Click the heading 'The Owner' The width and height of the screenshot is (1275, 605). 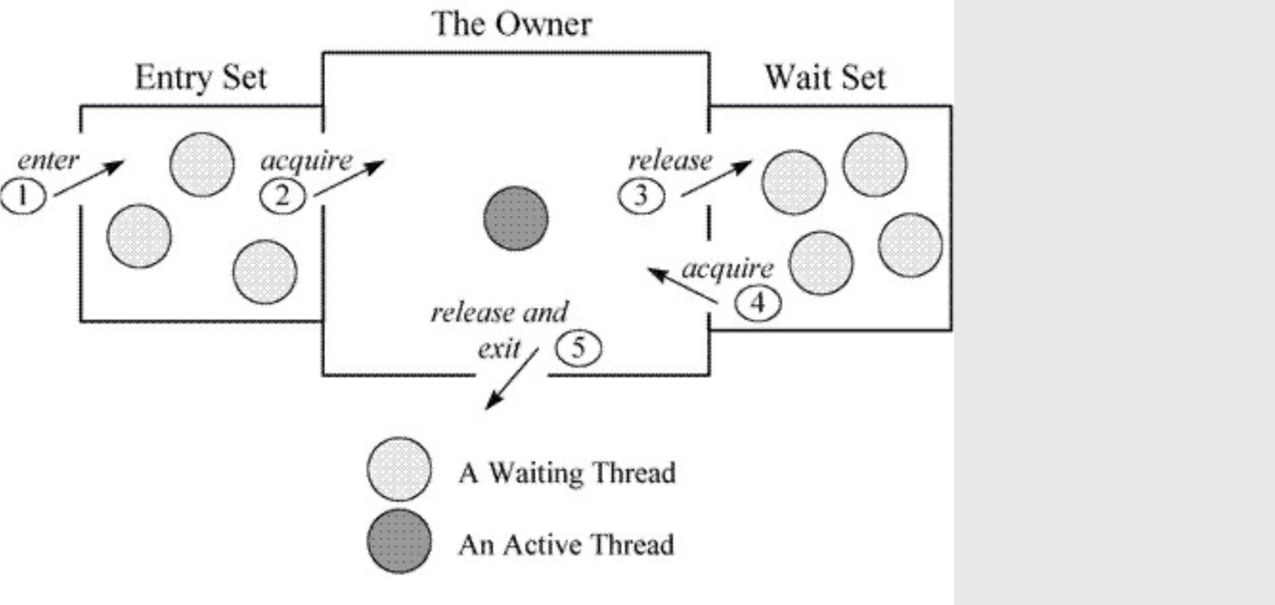coord(511,23)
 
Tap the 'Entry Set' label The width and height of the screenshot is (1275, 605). coord(200,78)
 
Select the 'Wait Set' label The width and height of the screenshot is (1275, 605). coord(825,77)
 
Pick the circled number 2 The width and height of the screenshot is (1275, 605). coord(282,195)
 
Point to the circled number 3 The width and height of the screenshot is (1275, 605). coord(641,195)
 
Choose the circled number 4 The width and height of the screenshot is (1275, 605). coord(757,303)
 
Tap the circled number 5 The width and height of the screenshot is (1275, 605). coord(578,348)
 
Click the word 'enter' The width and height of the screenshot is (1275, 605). coord(48,161)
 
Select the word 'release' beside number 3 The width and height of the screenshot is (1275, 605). coord(670,160)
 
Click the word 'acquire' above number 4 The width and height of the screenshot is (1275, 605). coord(727,269)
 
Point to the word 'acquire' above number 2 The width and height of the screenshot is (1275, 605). coord(306,160)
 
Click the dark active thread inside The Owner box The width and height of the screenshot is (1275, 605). coord(516,218)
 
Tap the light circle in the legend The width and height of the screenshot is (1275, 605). coord(398,470)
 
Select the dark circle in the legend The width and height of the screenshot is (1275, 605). coord(398,542)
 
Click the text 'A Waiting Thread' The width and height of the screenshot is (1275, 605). coord(567,472)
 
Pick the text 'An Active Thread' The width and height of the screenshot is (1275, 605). coord(566,545)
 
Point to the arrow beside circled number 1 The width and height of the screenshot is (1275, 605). coord(89,179)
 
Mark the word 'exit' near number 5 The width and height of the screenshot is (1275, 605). coord(500,347)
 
